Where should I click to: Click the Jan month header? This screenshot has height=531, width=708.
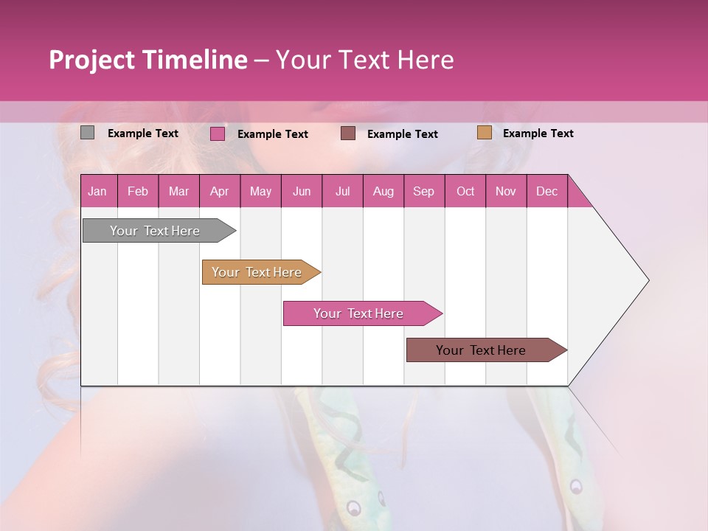click(98, 191)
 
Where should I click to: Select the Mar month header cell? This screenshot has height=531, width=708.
click(178, 191)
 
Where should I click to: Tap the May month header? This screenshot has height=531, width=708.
click(260, 191)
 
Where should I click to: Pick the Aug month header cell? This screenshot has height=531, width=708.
click(383, 191)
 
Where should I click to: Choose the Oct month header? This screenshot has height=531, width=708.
click(465, 191)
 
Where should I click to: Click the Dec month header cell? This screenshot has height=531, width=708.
click(546, 191)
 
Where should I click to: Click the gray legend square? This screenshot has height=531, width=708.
click(88, 133)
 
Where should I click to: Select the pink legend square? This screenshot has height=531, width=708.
click(218, 133)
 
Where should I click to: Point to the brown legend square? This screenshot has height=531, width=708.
click(348, 133)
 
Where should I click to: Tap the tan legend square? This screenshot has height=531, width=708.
click(484, 133)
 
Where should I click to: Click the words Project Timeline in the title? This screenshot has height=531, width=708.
click(148, 60)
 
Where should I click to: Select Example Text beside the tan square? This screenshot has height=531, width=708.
click(538, 133)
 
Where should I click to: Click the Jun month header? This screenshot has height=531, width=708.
click(301, 191)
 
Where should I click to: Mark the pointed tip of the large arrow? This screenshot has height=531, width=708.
click(648, 280)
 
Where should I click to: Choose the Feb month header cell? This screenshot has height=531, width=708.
click(138, 191)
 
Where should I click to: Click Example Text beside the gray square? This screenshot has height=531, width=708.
click(142, 133)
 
